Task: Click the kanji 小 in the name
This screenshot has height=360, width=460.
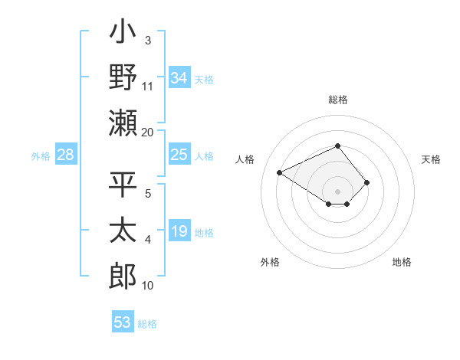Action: (x=123, y=34)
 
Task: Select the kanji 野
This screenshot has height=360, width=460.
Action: (x=123, y=77)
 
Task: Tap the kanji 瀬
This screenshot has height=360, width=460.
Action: (x=123, y=123)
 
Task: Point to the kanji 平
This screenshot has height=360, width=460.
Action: (x=123, y=185)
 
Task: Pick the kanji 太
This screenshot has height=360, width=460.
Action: (x=123, y=231)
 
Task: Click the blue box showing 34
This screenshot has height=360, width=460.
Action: (x=179, y=78)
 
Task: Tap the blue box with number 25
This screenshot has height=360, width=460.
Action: (x=179, y=155)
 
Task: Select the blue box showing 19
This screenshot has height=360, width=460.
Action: (x=179, y=231)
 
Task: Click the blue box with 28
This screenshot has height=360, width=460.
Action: (x=66, y=155)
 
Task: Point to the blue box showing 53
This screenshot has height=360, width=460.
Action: (x=123, y=322)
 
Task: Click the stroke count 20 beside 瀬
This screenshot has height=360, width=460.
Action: (x=148, y=132)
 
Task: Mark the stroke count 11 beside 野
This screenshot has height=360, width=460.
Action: (x=148, y=86)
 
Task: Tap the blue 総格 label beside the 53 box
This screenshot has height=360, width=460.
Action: (x=147, y=324)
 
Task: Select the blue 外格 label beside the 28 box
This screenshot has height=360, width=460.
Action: (x=41, y=156)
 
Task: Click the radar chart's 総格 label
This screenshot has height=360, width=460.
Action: (x=337, y=100)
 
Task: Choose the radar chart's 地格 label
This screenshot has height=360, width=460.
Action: (x=402, y=262)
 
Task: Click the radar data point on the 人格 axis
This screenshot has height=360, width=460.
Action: (x=280, y=172)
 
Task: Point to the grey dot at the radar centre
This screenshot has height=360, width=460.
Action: (x=337, y=191)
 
